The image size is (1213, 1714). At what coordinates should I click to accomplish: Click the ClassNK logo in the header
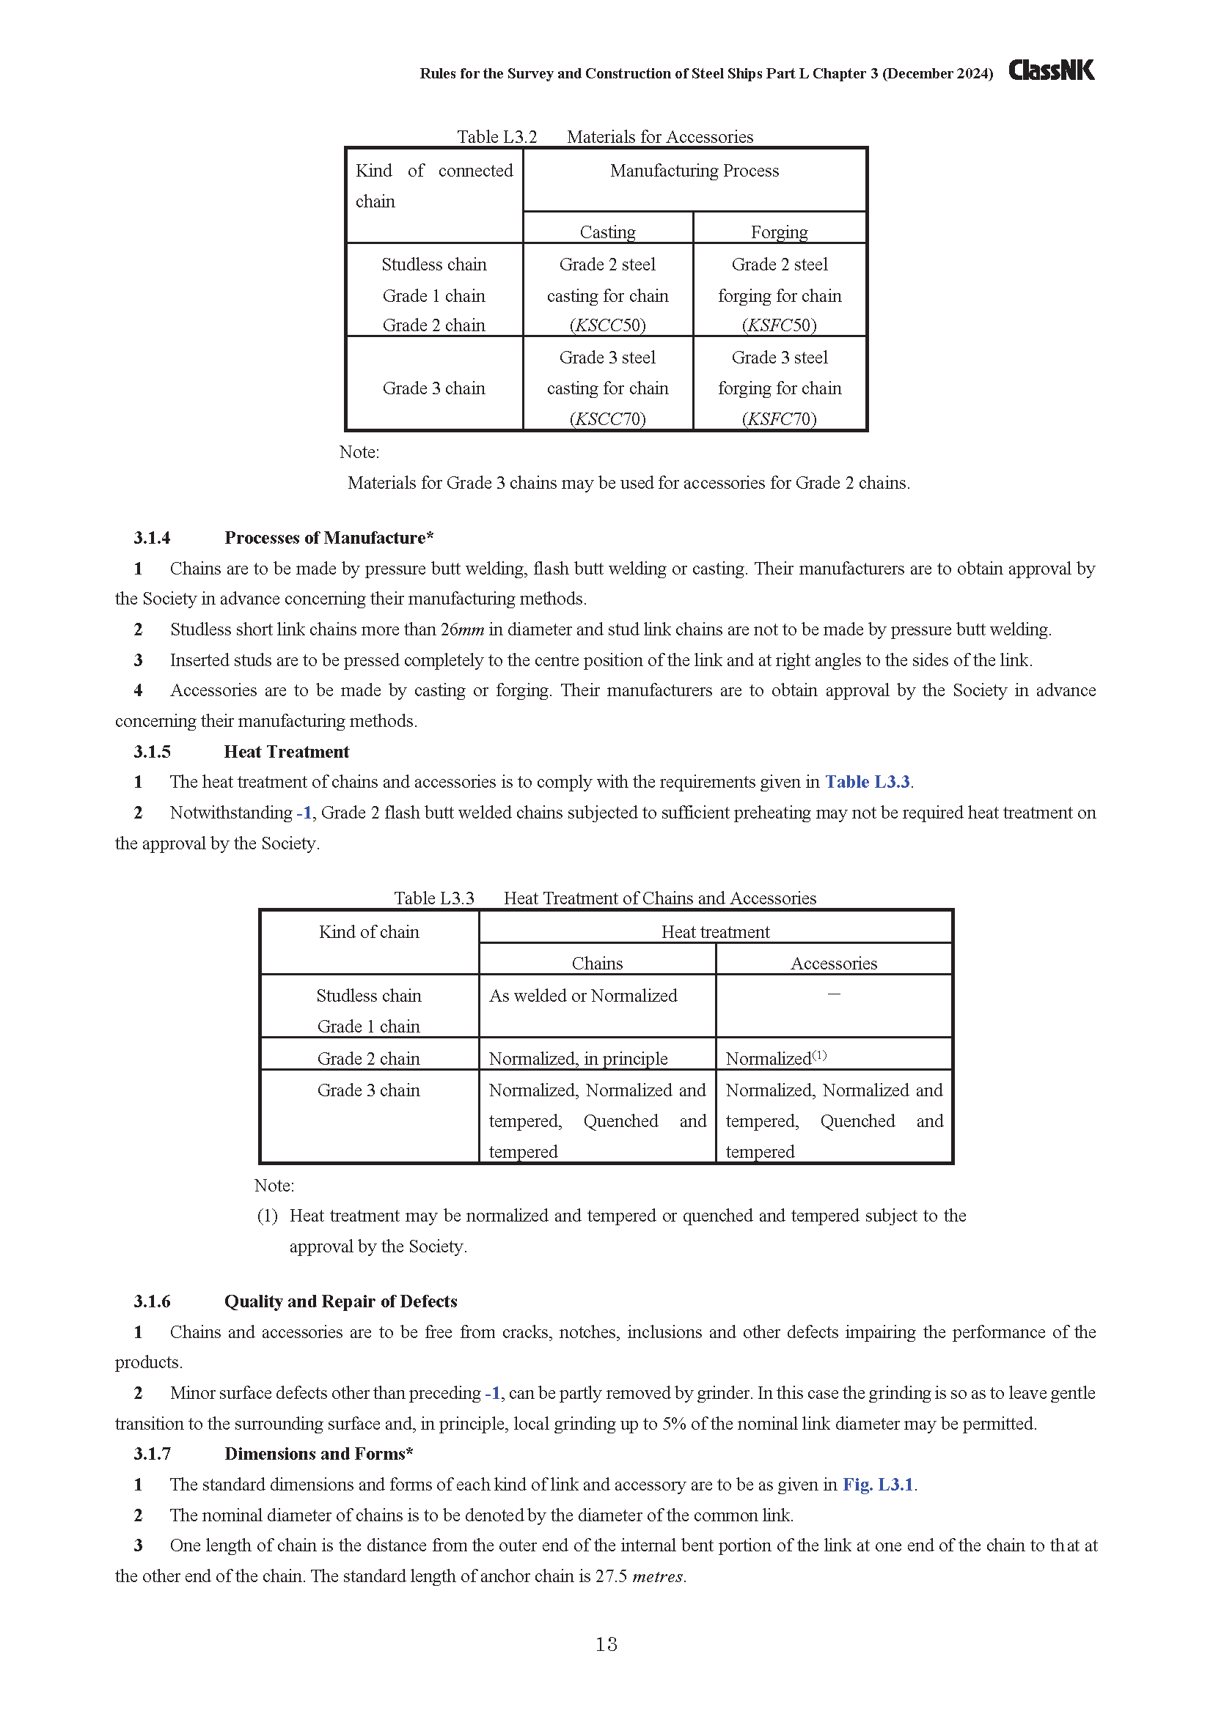1051,70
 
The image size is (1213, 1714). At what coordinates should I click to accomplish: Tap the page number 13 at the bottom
606,1644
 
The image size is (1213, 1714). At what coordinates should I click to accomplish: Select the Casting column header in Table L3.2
607,232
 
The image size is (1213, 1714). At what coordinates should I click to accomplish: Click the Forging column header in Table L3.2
779,232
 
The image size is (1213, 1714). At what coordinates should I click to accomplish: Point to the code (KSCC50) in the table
607,325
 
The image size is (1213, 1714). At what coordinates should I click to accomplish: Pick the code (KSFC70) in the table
779,419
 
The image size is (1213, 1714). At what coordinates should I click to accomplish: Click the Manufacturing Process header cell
694,171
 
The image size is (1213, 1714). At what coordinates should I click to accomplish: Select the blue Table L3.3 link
867,782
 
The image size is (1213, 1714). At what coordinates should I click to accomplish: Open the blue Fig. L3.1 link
878,1484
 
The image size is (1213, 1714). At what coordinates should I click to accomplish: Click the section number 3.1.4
153,537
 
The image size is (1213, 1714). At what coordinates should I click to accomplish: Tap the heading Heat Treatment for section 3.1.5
287,752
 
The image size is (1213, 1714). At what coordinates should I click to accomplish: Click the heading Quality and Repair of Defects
340,1301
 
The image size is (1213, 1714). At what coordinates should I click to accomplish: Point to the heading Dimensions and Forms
318,1453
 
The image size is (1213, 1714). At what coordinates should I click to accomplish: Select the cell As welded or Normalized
582,996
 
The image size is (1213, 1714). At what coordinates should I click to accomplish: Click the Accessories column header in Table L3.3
834,964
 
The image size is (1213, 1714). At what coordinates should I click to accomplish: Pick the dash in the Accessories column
834,994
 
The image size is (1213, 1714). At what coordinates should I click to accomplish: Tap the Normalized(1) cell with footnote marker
776,1059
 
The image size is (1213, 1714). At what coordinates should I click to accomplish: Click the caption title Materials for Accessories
659,136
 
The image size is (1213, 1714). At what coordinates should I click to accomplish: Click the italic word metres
658,1576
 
